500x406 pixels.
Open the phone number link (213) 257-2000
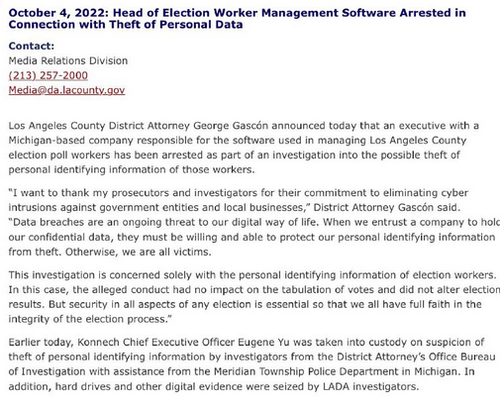point(48,75)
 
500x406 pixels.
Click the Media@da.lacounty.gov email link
point(66,89)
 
